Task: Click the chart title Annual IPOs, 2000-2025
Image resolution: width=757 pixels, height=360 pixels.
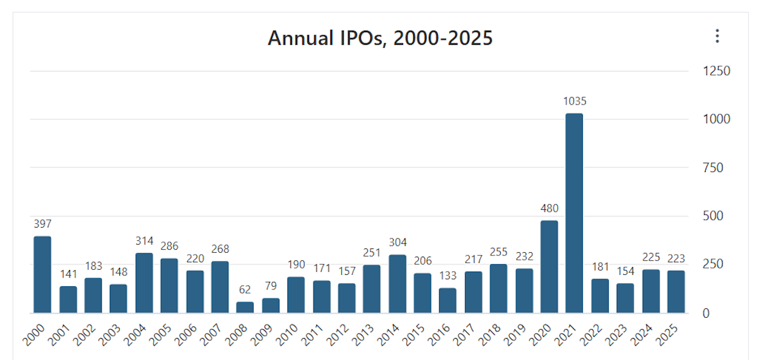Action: point(380,38)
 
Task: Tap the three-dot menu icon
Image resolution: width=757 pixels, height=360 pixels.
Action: point(717,37)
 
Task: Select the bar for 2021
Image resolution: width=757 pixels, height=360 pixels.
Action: point(574,213)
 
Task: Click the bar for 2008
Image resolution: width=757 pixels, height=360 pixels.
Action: point(245,307)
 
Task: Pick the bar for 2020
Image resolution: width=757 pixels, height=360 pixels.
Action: point(549,267)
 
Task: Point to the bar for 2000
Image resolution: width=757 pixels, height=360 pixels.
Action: point(42,275)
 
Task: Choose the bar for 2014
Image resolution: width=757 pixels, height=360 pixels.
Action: point(397,284)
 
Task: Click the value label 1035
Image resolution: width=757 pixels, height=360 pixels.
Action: point(574,101)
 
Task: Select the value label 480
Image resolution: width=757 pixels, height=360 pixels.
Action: point(549,209)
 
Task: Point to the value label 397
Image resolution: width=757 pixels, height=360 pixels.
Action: point(42,224)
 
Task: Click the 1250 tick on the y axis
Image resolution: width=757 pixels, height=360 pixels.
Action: point(717,71)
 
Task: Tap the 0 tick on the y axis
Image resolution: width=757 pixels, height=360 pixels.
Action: point(707,313)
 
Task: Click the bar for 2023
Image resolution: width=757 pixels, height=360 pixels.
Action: point(625,298)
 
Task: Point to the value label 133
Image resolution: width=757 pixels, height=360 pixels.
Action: point(447,276)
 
